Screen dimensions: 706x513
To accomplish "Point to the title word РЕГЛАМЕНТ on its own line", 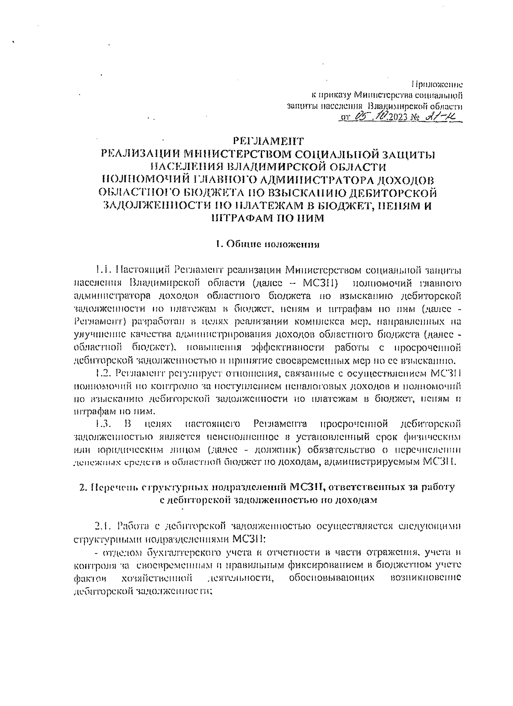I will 268,140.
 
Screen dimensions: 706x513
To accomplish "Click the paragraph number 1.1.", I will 103,270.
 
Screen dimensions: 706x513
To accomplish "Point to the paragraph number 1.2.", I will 103,374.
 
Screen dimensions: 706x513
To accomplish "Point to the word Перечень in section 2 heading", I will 112,487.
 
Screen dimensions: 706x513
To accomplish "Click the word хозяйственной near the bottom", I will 156,578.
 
